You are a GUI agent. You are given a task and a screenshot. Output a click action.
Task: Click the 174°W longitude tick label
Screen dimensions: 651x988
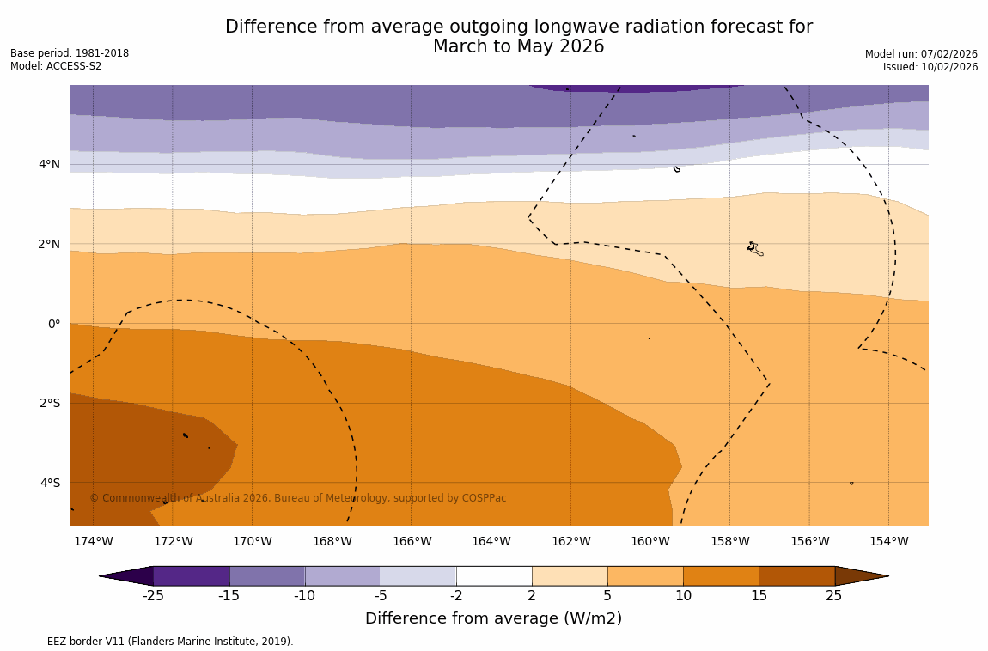tap(93, 541)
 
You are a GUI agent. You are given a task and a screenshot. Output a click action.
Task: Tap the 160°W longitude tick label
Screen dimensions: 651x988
tap(650, 541)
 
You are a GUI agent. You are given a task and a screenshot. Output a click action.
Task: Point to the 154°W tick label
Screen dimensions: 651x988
tap(888, 541)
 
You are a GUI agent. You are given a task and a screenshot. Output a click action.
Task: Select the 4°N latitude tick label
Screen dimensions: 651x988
tap(50, 164)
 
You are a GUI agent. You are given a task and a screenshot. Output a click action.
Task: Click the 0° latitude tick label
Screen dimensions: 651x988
tap(54, 324)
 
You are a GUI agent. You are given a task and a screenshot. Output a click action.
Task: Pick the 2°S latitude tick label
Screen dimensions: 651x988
tap(50, 403)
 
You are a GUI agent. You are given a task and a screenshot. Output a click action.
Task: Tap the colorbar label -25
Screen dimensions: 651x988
tap(153, 595)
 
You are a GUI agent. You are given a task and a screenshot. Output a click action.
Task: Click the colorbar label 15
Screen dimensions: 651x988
tap(759, 595)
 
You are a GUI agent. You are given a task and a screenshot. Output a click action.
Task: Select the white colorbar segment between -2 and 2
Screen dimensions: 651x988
tap(494, 575)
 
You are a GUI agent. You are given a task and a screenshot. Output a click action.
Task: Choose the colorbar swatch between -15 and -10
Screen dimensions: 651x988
tap(267, 575)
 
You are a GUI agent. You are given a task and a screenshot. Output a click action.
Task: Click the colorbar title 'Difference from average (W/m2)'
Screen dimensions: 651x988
tap(493, 618)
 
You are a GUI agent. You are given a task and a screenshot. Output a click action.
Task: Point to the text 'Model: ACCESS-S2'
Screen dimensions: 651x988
tap(56, 66)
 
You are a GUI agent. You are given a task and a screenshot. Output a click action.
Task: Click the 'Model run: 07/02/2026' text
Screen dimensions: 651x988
tap(921, 54)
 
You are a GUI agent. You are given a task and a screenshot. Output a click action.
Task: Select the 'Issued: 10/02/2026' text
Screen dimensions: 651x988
tap(930, 67)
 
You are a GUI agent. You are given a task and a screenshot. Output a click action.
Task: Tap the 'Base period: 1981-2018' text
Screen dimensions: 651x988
tap(70, 53)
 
